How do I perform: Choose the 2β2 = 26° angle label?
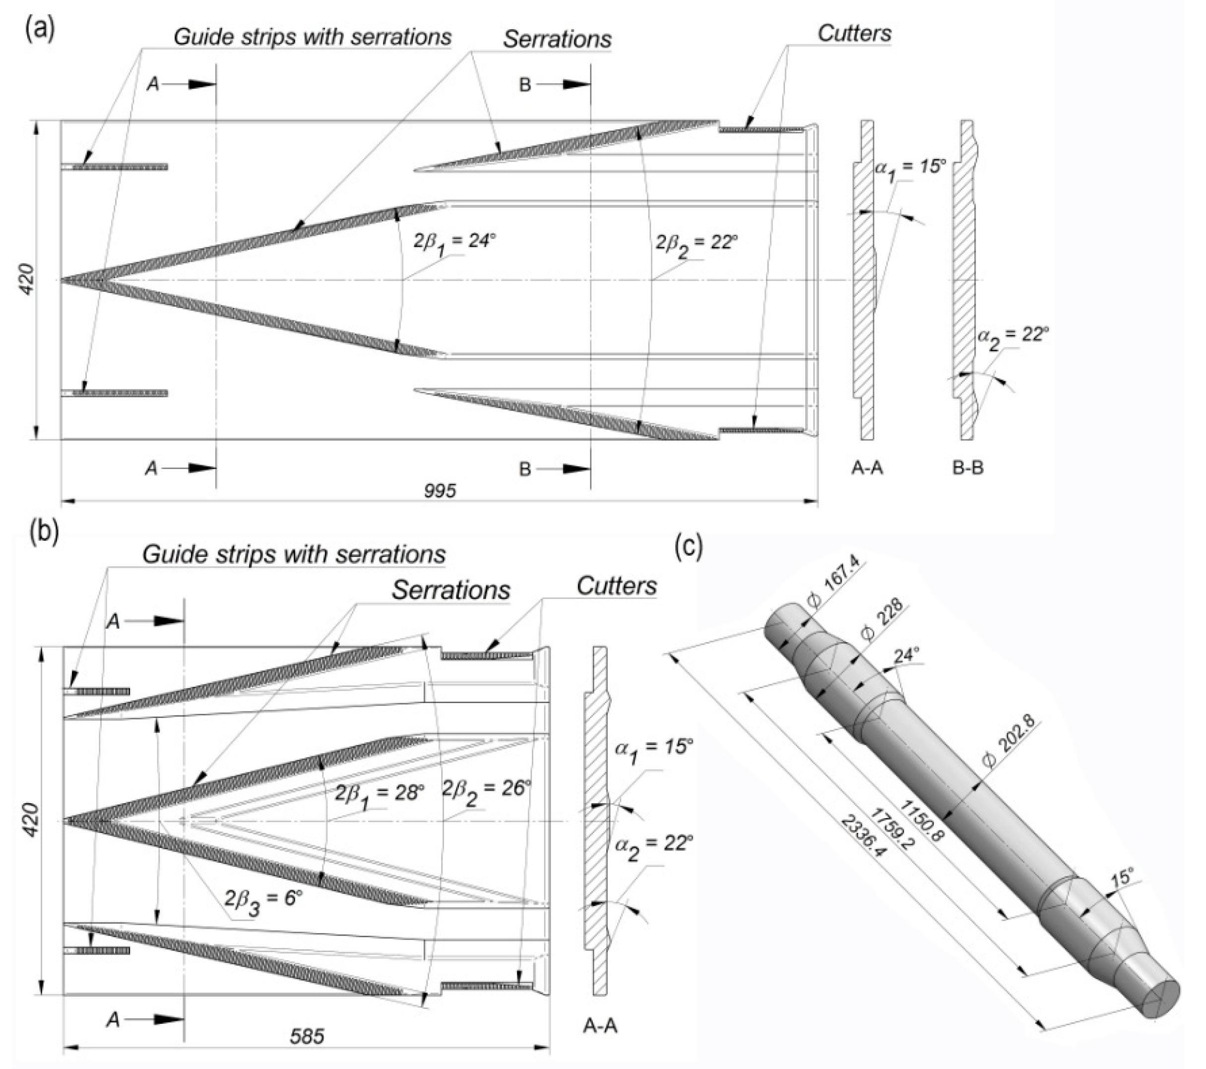tap(487, 788)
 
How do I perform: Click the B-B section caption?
tap(968, 468)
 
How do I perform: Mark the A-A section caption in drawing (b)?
tap(600, 1026)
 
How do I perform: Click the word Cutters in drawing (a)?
tap(854, 34)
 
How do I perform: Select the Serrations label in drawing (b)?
tap(451, 590)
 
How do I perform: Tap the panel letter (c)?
tap(689, 547)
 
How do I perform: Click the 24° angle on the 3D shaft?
tap(907, 655)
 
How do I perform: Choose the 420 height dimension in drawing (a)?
tap(27, 280)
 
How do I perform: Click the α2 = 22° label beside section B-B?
tap(1013, 338)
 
